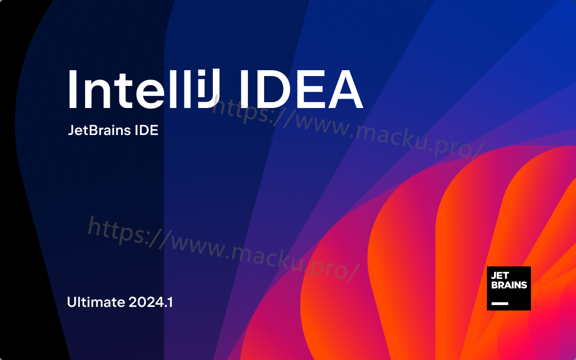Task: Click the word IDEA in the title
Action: click(x=301, y=89)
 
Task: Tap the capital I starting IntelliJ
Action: click(x=73, y=89)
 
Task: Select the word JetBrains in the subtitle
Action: click(x=99, y=130)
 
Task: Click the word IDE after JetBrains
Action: click(x=147, y=130)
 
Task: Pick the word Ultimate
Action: click(x=96, y=302)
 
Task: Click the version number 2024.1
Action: click(x=150, y=302)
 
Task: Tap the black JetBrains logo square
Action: click(x=508, y=288)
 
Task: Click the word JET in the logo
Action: click(x=499, y=276)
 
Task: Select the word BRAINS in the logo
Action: click(x=509, y=285)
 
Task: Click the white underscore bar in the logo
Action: click(x=500, y=303)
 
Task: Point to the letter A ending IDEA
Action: click(x=346, y=89)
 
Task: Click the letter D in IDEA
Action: click(x=271, y=89)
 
